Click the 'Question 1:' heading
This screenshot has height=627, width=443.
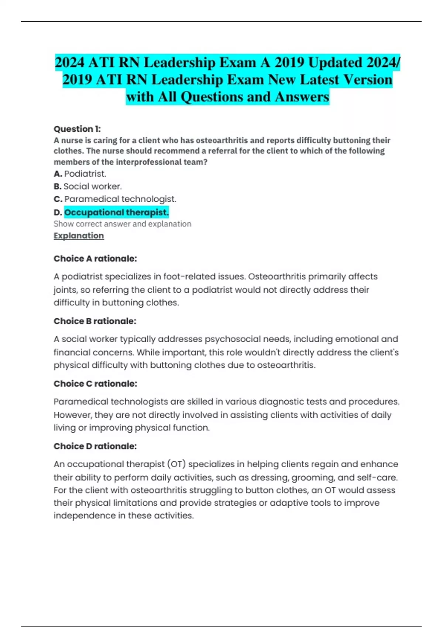tap(77, 129)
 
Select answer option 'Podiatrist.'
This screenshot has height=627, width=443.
tap(85, 174)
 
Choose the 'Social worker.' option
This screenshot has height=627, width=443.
tap(92, 186)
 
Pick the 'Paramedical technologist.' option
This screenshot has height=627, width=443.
tap(120, 199)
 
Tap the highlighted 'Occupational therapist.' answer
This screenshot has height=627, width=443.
tap(116, 212)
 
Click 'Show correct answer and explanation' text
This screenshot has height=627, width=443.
tap(122, 224)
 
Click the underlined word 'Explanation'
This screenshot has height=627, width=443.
tap(79, 236)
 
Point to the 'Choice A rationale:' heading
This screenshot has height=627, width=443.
tap(95, 259)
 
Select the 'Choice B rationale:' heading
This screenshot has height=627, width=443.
tap(95, 321)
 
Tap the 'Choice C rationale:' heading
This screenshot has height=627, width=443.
tap(95, 384)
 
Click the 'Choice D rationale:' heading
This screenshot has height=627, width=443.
tap(95, 446)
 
